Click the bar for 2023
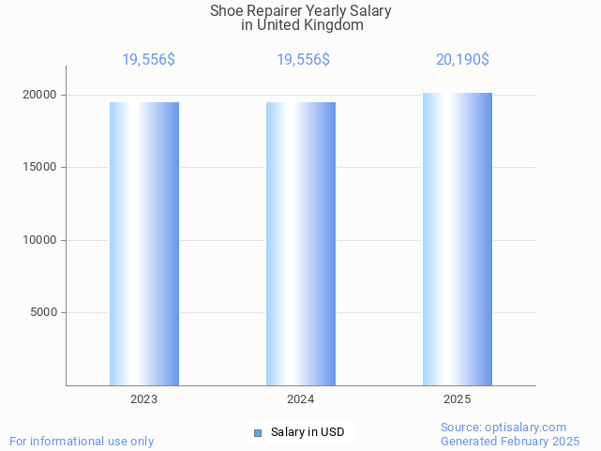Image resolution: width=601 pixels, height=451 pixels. [144, 244]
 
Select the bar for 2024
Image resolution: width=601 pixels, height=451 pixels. [301, 244]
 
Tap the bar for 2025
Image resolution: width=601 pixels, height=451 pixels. [458, 239]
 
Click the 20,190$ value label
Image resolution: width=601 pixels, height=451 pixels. [462, 60]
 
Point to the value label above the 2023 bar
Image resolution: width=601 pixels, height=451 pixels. [148, 60]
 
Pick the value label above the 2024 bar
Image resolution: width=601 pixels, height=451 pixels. [303, 60]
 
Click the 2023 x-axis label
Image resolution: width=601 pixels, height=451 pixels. [144, 399]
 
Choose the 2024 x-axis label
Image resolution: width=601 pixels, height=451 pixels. [301, 399]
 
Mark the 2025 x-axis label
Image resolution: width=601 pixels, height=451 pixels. [458, 399]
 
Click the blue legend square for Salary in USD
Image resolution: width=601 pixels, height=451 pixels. [258, 432]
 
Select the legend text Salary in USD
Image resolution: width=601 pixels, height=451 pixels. [308, 432]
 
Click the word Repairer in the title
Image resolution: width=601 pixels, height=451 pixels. [278, 11]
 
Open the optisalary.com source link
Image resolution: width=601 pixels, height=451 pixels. [526, 428]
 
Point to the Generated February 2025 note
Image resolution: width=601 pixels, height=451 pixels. [510, 442]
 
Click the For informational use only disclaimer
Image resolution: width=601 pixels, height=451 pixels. [82, 442]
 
